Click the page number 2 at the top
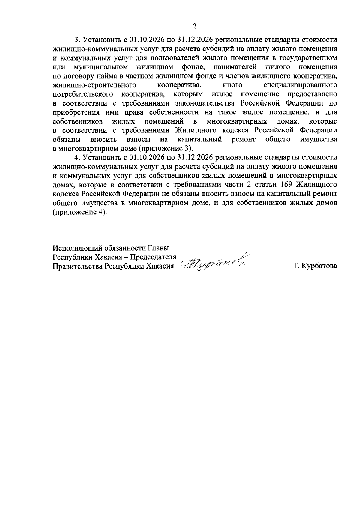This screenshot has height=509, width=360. [x=194, y=26]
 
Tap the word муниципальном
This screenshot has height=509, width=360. [x=101, y=67]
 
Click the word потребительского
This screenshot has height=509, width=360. [x=83, y=94]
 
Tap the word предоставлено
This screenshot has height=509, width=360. [x=312, y=94]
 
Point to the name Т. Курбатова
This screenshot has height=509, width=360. [x=315, y=266]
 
